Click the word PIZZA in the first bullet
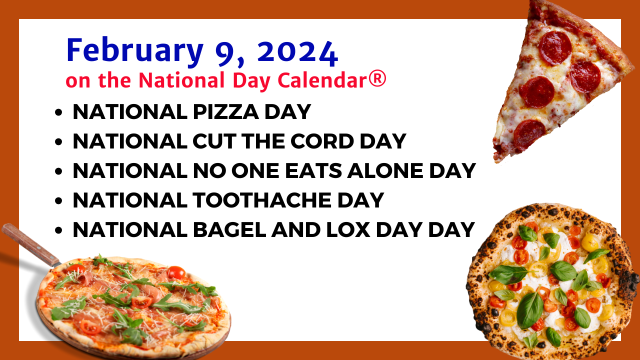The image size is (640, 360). (x=226, y=111)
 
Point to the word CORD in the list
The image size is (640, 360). (x=322, y=141)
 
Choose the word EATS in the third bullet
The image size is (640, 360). (x=313, y=171)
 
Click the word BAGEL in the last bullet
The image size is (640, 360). (x=229, y=229)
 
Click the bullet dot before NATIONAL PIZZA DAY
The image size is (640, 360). (x=58, y=112)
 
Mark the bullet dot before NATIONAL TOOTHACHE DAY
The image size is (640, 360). (x=58, y=201)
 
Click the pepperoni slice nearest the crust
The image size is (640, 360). (x=555, y=47)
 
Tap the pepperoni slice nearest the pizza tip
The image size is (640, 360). (x=529, y=135)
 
